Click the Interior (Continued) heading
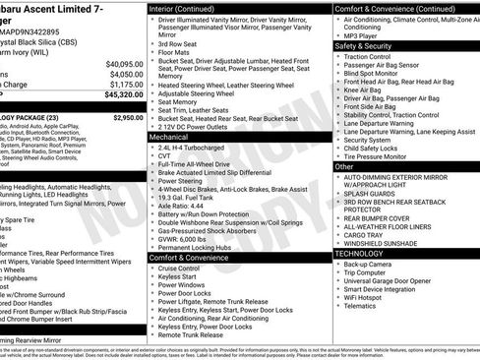pyautogui.click(x=190, y=8)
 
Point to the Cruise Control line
pyautogui.click(x=179, y=268)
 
